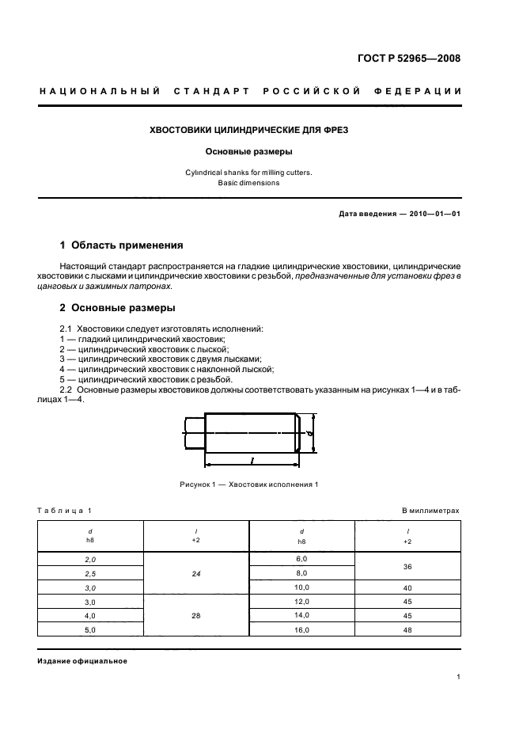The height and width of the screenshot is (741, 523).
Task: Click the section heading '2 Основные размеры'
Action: [118, 308]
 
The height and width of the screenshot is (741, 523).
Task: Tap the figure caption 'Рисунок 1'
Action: [249, 484]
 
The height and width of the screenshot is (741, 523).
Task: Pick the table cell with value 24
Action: [195, 574]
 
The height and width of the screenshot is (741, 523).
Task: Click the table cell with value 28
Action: [195, 615]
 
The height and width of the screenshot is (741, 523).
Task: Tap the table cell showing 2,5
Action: [90, 573]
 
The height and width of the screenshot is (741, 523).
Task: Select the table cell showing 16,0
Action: [301, 629]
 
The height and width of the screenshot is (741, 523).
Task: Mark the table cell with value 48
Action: [407, 629]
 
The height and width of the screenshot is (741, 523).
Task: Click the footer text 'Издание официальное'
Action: [82, 661]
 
